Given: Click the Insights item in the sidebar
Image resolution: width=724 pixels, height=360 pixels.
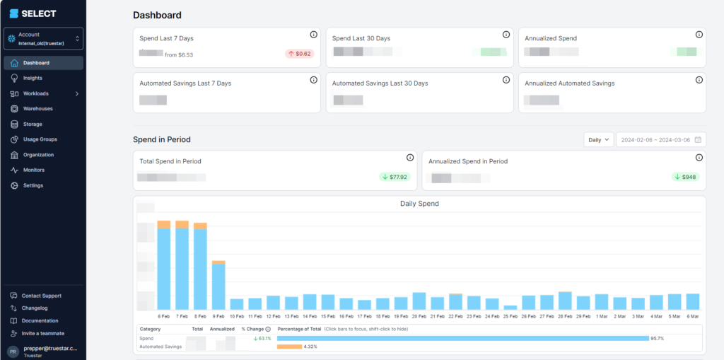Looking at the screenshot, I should coord(33,79).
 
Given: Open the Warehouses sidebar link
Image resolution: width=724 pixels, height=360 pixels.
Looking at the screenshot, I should coord(37,109).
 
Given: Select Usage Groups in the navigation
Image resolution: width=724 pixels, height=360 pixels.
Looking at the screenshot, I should coord(40,139).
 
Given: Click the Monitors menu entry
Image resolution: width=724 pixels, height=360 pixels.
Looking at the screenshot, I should coord(33,170).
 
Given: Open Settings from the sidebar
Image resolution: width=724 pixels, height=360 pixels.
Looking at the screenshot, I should coord(33,186).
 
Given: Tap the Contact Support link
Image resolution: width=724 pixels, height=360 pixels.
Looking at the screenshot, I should coord(41,296).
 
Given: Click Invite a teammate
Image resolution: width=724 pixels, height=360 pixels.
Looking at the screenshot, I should coord(42,333).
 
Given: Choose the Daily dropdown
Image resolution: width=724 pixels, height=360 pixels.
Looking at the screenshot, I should coord(598,140).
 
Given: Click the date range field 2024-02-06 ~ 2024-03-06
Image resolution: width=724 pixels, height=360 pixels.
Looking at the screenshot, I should coord(660,140).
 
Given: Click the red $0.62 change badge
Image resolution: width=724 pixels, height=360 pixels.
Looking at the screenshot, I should coord(300,54).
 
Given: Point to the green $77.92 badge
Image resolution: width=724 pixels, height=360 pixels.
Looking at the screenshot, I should coord(395,177).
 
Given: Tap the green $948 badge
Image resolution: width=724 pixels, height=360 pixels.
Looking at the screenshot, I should coord(685,177).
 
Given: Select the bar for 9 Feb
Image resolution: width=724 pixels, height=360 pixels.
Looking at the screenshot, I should coord(218,286).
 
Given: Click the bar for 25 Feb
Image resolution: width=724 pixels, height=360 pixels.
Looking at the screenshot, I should coord(510,307).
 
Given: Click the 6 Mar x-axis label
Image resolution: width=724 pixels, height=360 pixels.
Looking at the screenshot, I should coord(693,316).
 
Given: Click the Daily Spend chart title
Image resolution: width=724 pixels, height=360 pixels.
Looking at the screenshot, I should coord(419,204).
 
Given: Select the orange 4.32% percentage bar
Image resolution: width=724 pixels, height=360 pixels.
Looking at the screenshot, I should coord(289,347).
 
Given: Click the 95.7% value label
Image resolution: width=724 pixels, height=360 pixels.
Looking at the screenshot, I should coord(657,339).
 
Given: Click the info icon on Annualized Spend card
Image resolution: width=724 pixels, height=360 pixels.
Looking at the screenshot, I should coord(699,35).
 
